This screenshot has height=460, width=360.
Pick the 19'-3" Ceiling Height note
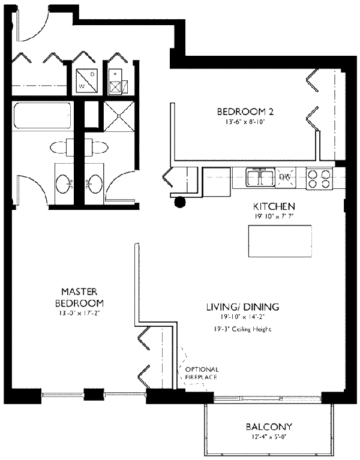[x=242, y=329]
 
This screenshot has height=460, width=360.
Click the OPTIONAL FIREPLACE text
[x=202, y=373]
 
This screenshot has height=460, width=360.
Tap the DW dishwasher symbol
[x=286, y=177]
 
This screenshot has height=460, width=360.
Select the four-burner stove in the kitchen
[x=319, y=179]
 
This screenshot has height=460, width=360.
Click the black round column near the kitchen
[x=179, y=202]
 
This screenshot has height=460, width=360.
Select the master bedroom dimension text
[x=80, y=313]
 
